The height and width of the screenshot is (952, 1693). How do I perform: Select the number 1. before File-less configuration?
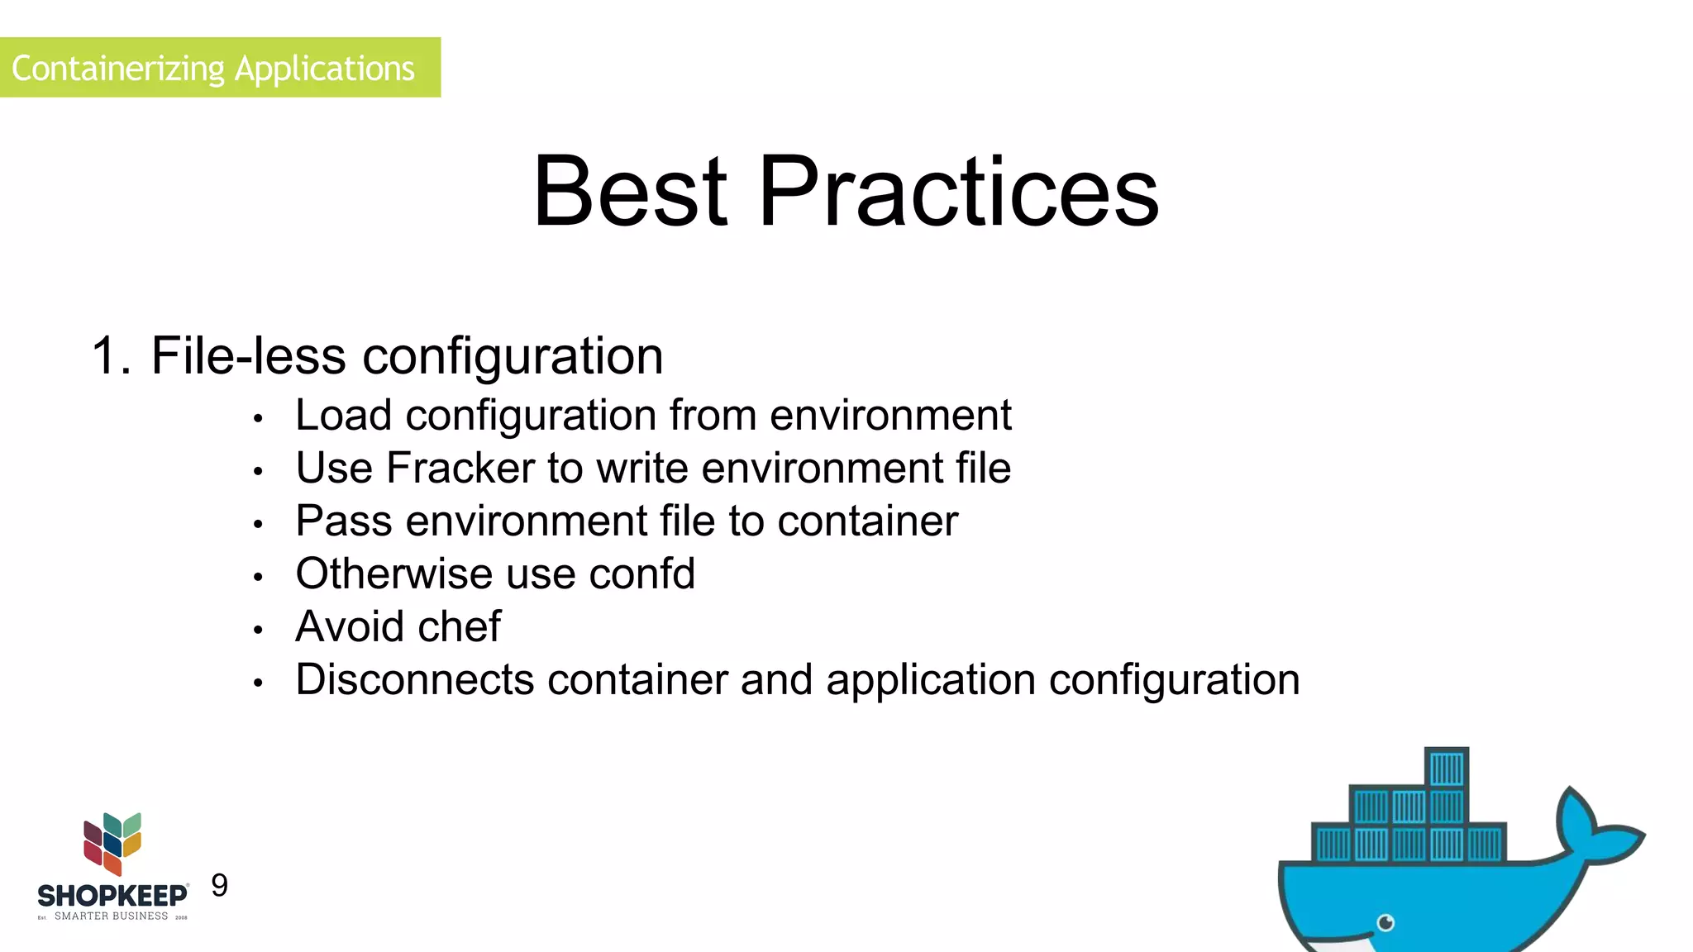[x=111, y=356]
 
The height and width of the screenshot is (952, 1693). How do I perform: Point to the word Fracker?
[x=460, y=468]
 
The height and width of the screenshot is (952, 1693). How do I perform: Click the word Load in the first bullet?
[x=343, y=415]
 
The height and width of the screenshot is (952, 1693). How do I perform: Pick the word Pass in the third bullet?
[x=343, y=521]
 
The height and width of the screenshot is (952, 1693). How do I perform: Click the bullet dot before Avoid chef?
[x=258, y=631]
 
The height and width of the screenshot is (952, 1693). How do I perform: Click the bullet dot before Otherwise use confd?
[x=258, y=578]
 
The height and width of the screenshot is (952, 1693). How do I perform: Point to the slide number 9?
[x=219, y=885]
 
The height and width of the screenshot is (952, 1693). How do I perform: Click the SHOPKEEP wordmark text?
[x=112, y=896]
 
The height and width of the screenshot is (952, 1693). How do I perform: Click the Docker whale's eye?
[x=1386, y=922]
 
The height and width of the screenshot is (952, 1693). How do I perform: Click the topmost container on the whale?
[x=1447, y=769]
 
